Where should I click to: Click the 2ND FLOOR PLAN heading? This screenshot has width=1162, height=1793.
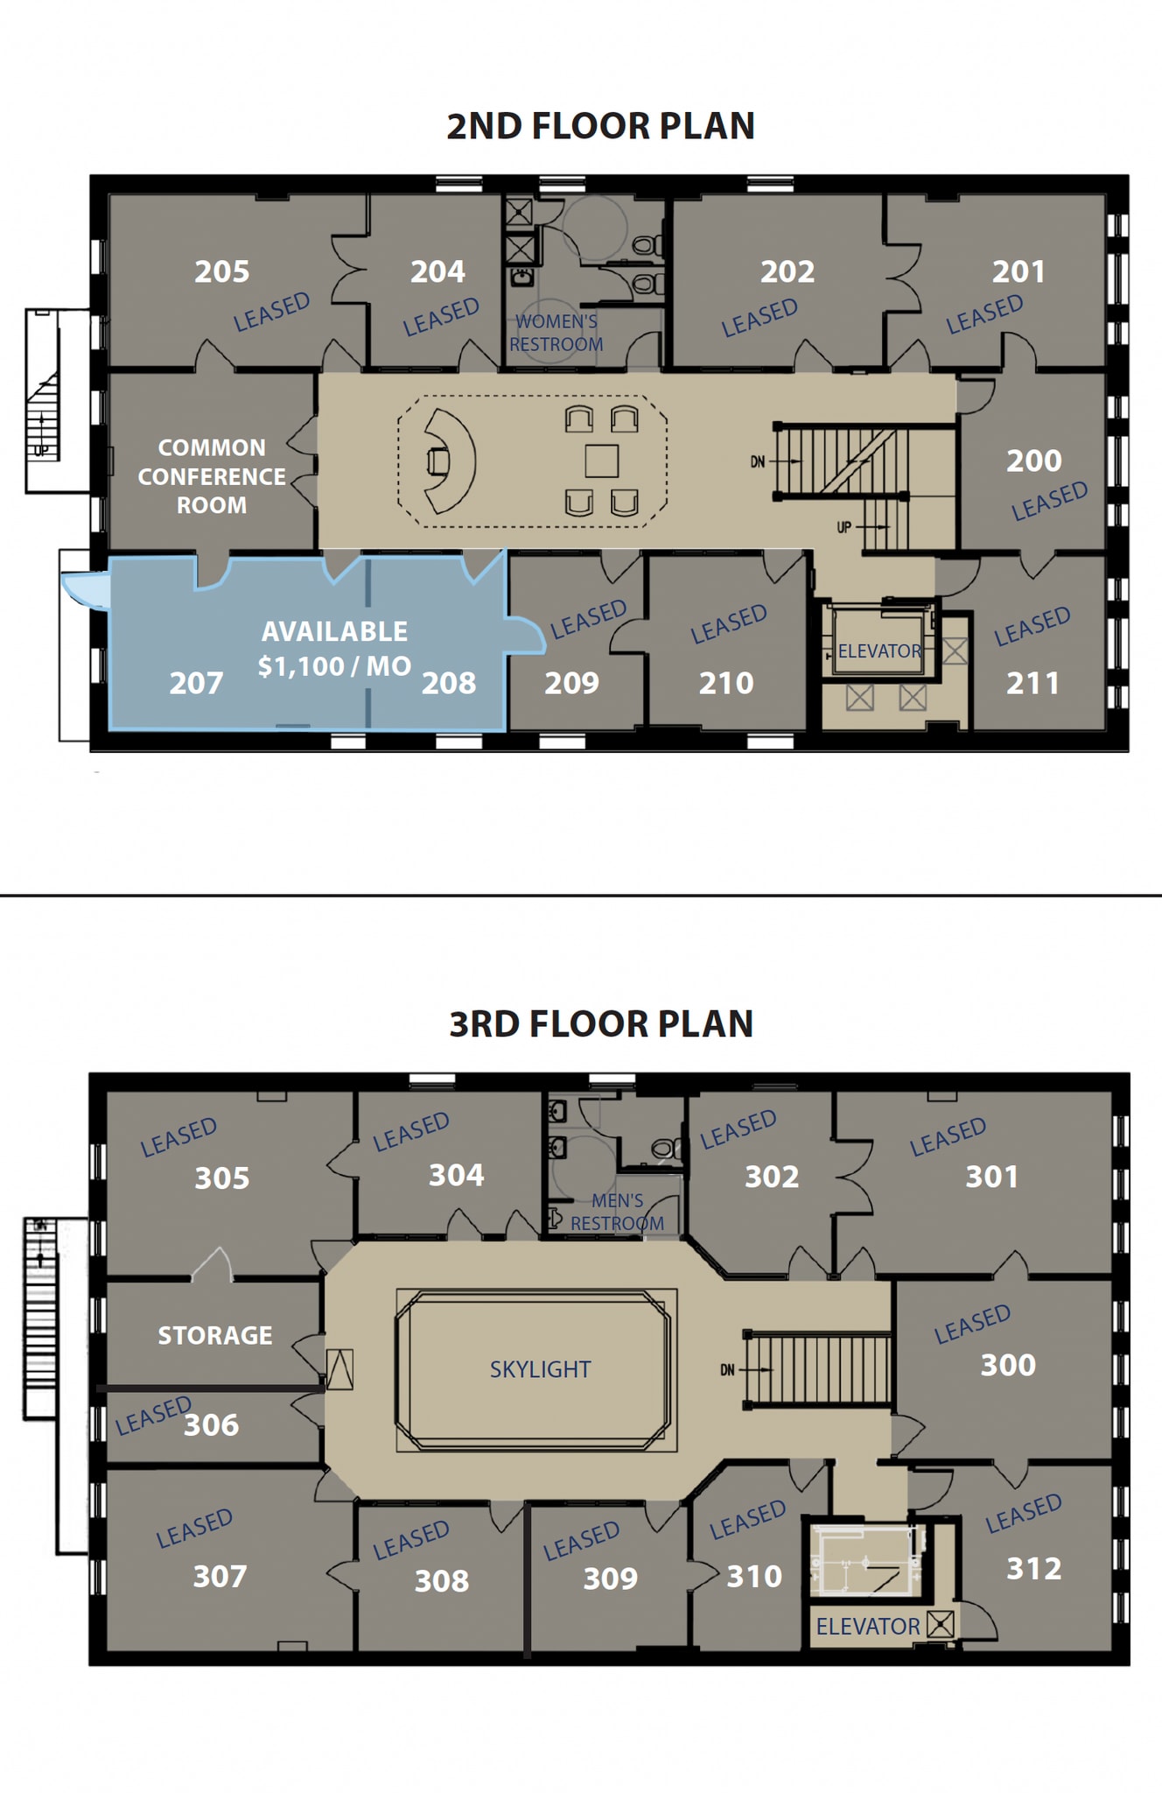[600, 126]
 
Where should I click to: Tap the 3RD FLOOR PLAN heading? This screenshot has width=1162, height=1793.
[600, 1023]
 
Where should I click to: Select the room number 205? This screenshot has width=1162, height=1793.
[221, 271]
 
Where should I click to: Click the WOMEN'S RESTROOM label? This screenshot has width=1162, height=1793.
[556, 334]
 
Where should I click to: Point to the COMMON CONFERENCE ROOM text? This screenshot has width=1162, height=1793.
[212, 476]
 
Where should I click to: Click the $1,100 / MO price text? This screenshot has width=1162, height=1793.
[334, 666]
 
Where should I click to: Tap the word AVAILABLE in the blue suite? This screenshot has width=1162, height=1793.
[334, 631]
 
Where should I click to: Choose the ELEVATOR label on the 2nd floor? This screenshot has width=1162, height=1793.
[879, 651]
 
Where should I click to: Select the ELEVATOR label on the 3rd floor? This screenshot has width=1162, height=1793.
[868, 1626]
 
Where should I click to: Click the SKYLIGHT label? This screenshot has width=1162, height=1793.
[540, 1369]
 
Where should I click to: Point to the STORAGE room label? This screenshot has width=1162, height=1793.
[215, 1335]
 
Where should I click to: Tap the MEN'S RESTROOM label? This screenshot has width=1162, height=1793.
[617, 1213]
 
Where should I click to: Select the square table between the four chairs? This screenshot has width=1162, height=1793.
[602, 461]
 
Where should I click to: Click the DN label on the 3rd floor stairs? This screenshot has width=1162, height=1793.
[728, 1370]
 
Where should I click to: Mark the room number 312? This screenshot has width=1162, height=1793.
[1033, 1568]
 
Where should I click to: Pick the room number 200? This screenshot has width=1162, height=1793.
[1033, 461]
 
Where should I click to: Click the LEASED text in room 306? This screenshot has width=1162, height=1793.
[152, 1416]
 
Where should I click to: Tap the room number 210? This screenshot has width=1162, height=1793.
[725, 683]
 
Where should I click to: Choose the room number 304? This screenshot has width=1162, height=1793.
[456, 1175]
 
